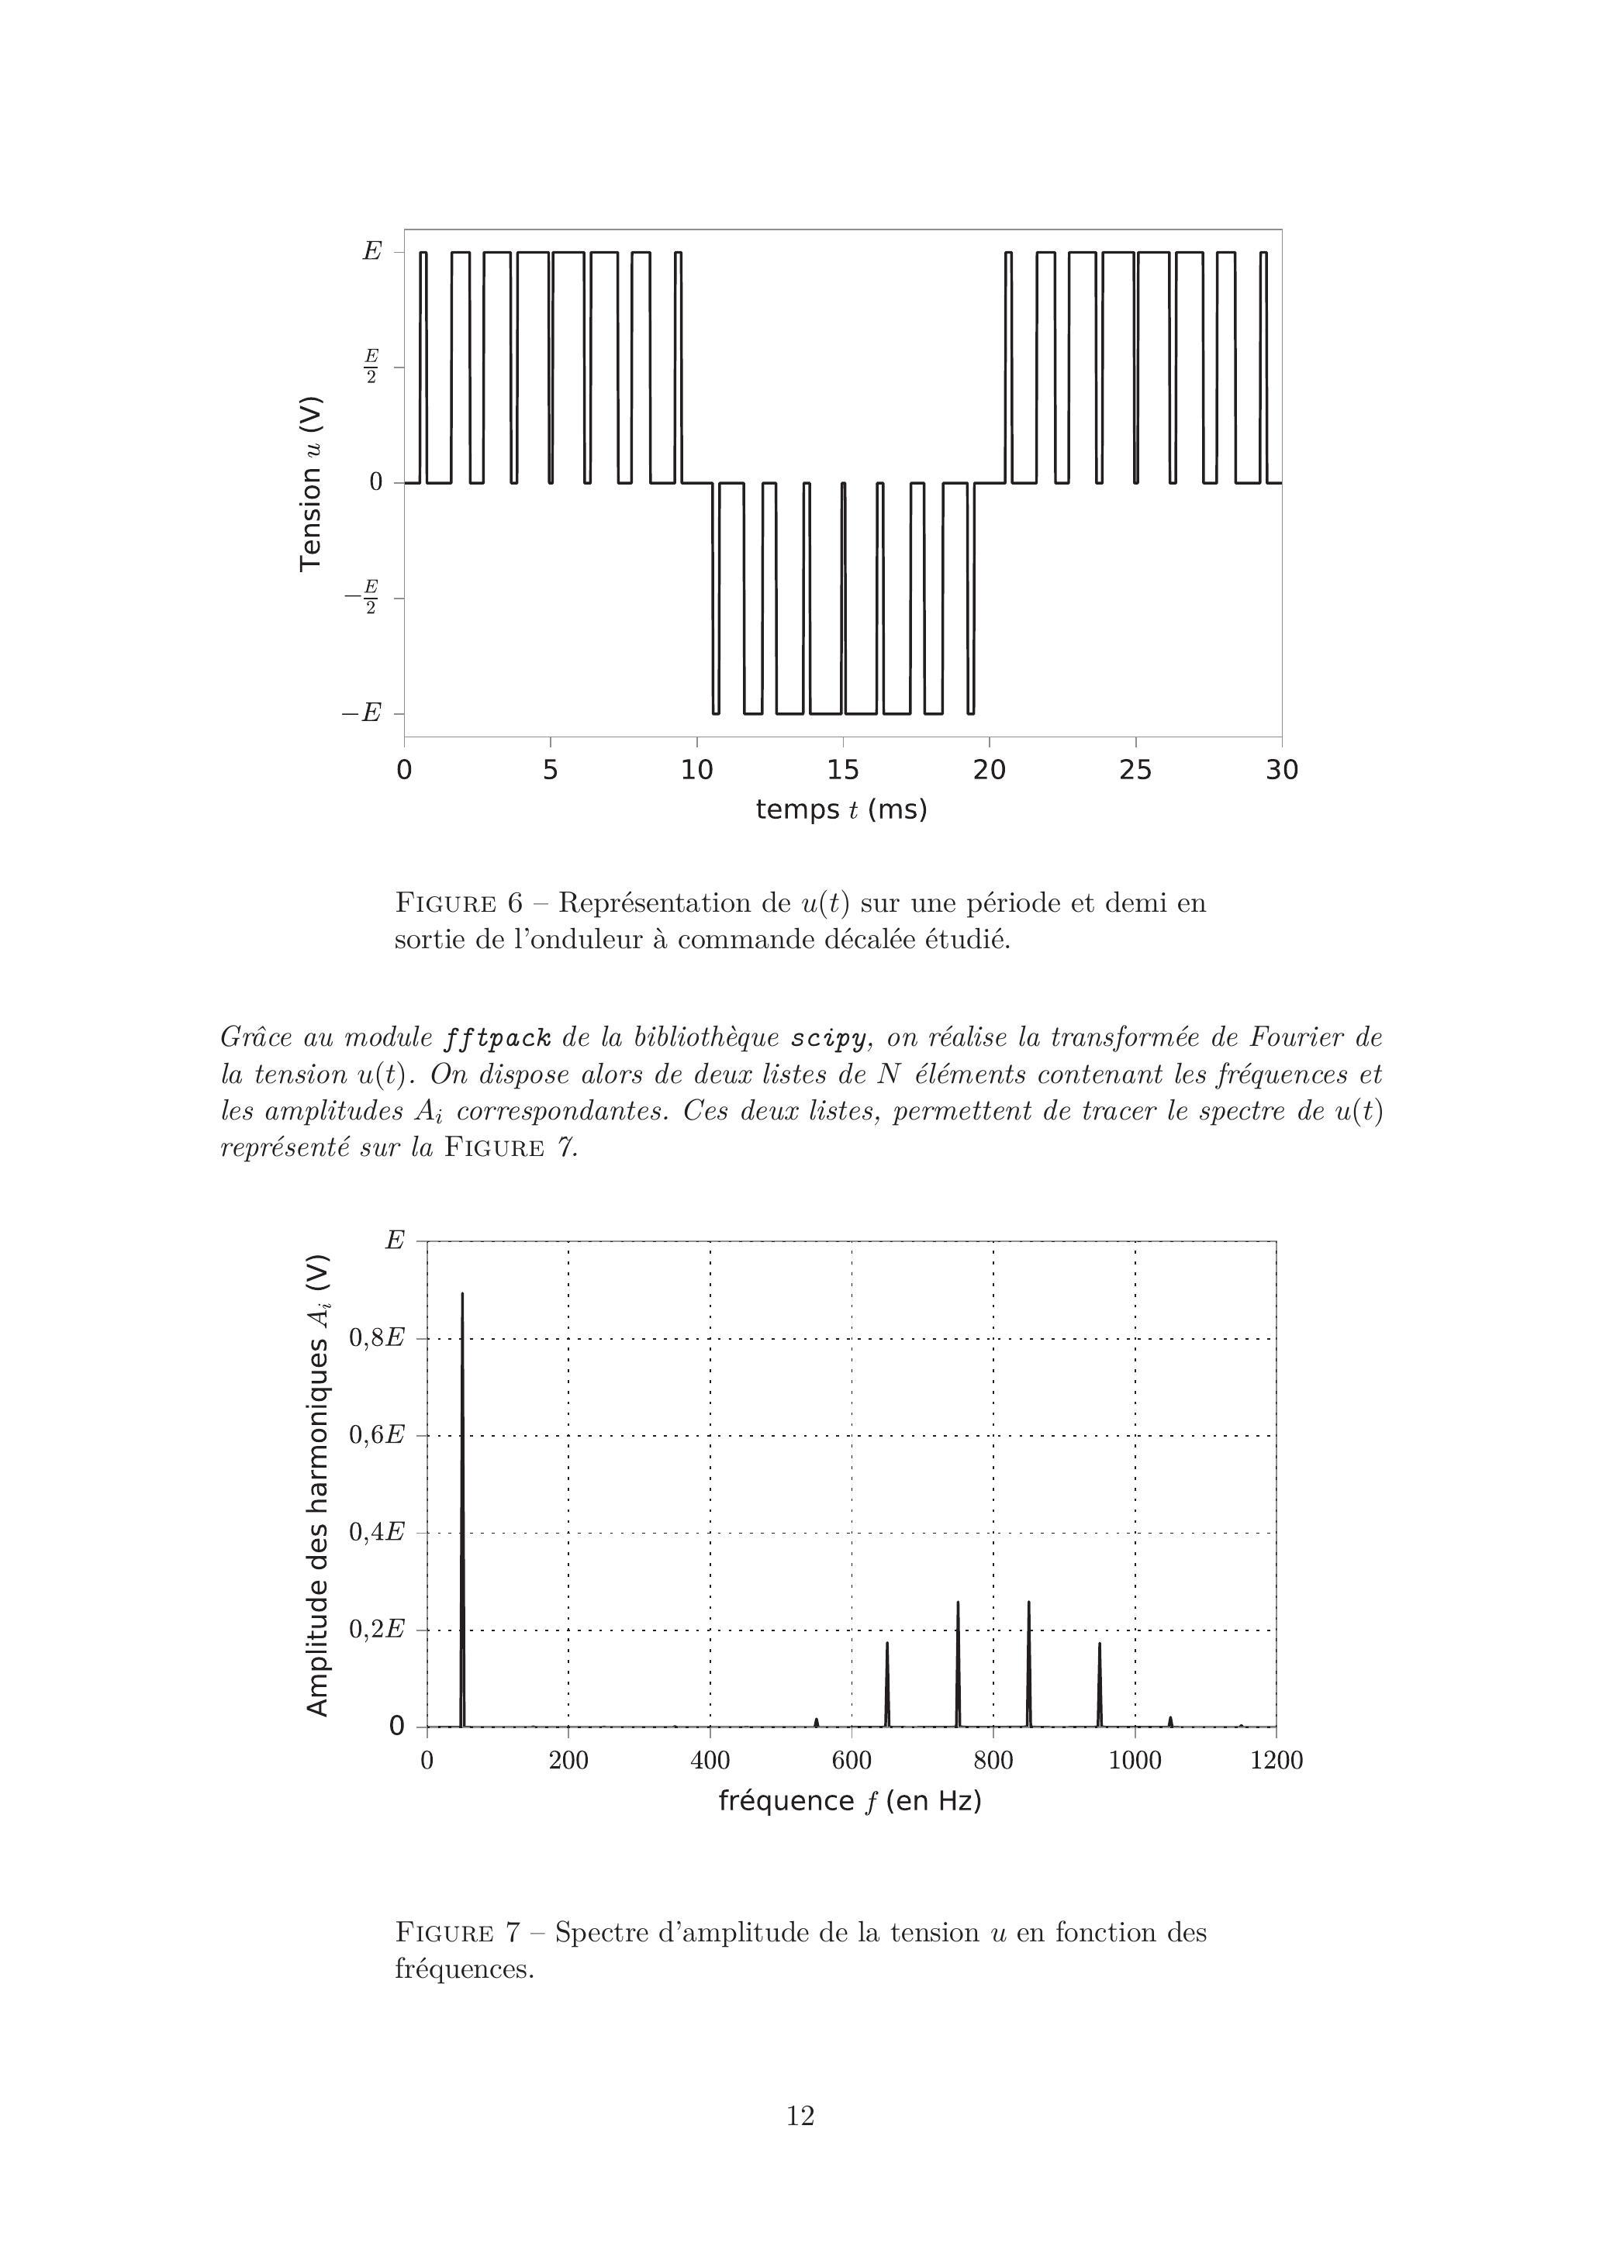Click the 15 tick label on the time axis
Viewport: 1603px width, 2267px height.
click(x=842, y=770)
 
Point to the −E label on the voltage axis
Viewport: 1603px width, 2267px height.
click(x=361, y=713)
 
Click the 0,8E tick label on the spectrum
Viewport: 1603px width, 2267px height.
click(x=376, y=1339)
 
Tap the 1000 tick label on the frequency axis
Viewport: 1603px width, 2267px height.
click(x=1135, y=1761)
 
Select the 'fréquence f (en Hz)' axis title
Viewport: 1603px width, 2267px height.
click(x=849, y=1802)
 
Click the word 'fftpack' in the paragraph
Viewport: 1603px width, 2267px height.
click(x=497, y=1039)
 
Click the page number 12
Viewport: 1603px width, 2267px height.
click(x=800, y=2116)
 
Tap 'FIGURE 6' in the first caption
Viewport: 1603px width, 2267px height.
click(x=459, y=903)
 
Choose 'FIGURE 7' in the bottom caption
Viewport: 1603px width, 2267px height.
click(x=458, y=1932)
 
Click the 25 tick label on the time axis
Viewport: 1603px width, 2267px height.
click(x=1135, y=770)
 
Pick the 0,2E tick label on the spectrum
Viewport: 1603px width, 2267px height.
click(x=376, y=1629)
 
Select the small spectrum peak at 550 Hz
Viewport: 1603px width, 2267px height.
click(x=817, y=1722)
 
